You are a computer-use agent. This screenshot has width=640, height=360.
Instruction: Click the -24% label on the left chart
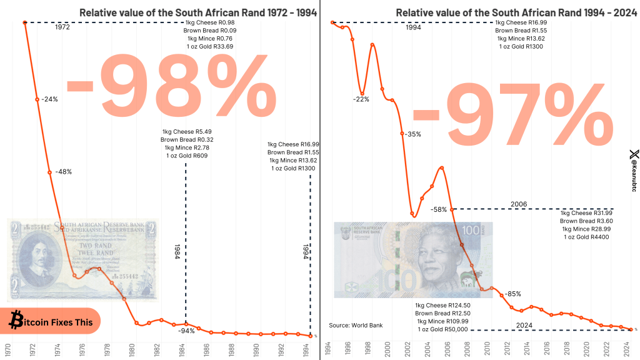[x=50, y=99]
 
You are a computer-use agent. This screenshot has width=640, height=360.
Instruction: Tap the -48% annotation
[x=63, y=172]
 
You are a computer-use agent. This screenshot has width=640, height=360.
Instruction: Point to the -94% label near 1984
[x=186, y=331]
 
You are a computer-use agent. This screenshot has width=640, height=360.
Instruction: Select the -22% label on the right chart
[x=361, y=99]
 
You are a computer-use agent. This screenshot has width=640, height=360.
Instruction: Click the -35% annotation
[x=412, y=134]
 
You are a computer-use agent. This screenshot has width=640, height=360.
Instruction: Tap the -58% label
[x=439, y=209]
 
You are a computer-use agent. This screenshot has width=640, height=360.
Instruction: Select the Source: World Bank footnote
[x=356, y=325]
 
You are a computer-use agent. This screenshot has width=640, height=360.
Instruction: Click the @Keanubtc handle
[x=633, y=171]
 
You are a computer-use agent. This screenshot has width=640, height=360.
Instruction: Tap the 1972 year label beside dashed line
[x=62, y=27]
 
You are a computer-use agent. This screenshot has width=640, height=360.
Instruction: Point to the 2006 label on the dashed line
[x=518, y=204]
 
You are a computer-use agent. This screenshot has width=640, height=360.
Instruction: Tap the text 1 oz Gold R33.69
[x=209, y=46]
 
